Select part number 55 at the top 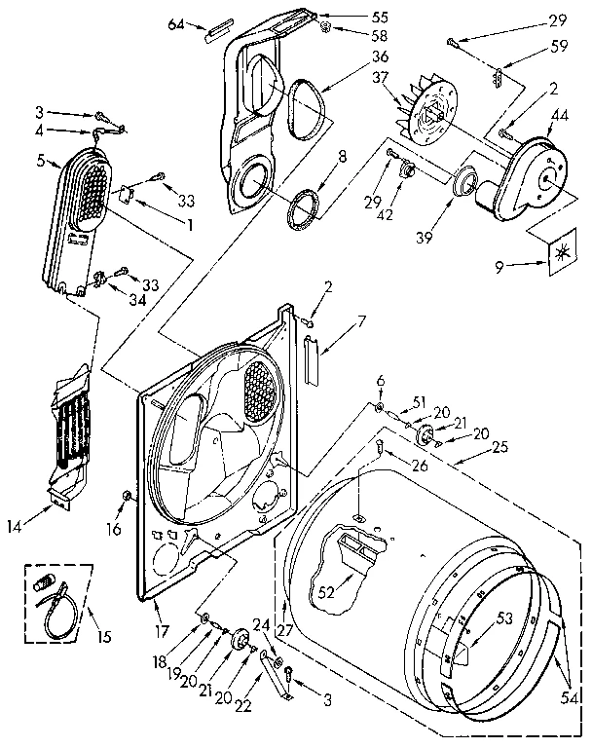pos(352,17)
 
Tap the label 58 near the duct pos(352,35)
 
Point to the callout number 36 pos(351,56)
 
